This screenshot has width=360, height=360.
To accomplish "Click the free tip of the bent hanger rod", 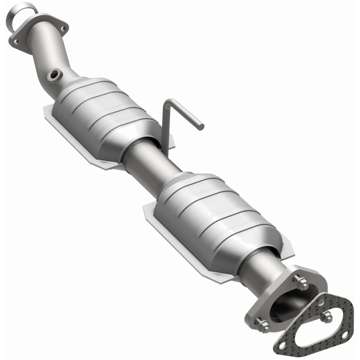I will tap(201, 127).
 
